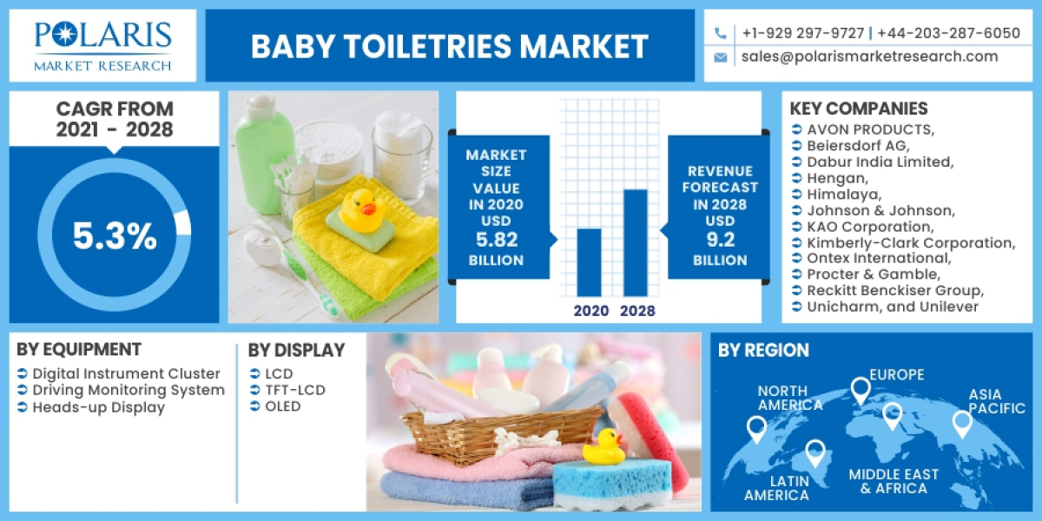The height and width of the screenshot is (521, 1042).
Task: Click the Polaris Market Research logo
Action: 102,45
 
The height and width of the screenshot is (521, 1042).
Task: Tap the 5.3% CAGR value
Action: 115,236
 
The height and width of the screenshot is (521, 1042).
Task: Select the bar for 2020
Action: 590,261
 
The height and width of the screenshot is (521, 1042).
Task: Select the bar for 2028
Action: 636,242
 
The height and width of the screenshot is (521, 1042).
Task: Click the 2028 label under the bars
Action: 637,311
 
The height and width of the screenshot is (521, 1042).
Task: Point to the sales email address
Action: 869,56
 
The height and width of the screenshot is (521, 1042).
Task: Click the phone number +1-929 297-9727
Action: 802,33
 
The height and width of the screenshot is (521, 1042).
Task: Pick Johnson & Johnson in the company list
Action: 880,210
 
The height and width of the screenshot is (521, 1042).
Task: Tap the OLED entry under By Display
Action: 283,406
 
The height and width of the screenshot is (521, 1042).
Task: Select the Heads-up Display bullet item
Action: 98,407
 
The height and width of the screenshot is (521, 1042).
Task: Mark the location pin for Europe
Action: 860,391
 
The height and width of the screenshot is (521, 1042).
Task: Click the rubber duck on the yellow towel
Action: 359,209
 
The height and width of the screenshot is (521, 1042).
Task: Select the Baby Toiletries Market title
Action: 450,46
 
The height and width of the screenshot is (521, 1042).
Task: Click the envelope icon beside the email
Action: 720,57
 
